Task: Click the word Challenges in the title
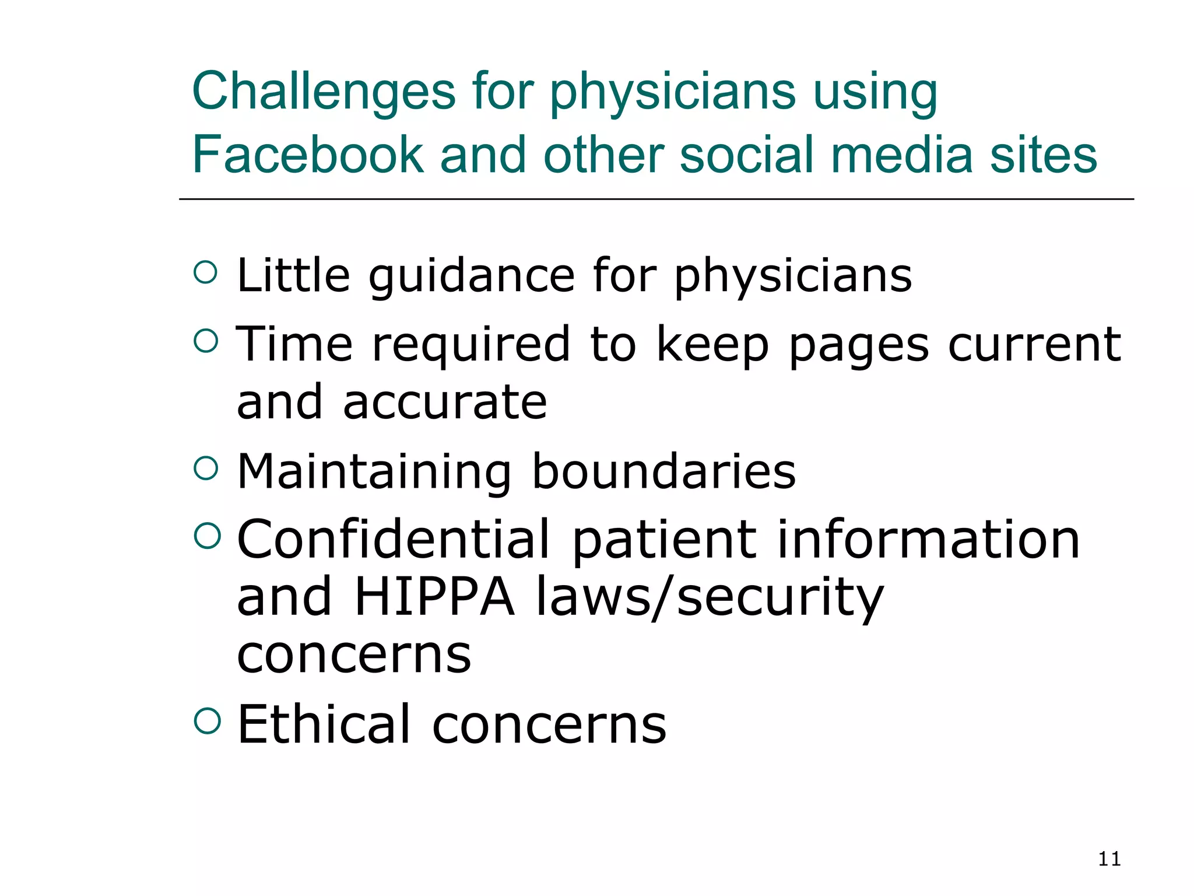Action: tap(324, 92)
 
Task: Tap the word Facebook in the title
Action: tap(308, 155)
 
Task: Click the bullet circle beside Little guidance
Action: tap(206, 272)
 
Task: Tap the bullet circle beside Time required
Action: tap(206, 340)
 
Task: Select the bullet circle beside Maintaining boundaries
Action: tap(206, 468)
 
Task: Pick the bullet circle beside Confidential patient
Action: tap(207, 535)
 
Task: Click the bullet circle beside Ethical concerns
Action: tap(207, 720)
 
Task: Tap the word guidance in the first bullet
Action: tap(472, 276)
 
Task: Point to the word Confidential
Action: tap(394, 540)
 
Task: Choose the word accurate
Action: tap(445, 402)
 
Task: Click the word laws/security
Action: tap(710, 598)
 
